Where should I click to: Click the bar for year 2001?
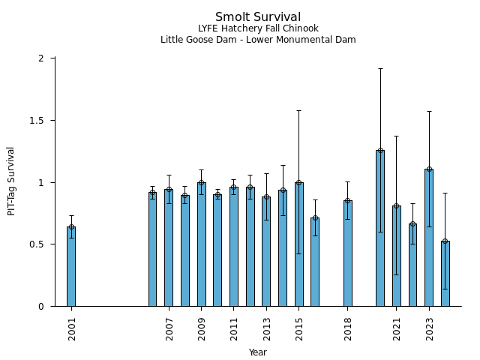(71, 266)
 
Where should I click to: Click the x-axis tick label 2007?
(169, 329)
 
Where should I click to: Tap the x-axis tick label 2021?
(397, 329)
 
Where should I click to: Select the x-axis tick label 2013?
(266, 329)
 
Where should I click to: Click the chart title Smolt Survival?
(258, 17)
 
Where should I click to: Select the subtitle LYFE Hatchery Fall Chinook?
(258, 28)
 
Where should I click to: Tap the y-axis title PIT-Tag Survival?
(11, 181)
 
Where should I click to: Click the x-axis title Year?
(258, 352)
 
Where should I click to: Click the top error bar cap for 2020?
(380, 68)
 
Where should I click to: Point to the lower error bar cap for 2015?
(299, 253)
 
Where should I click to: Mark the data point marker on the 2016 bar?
(315, 218)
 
